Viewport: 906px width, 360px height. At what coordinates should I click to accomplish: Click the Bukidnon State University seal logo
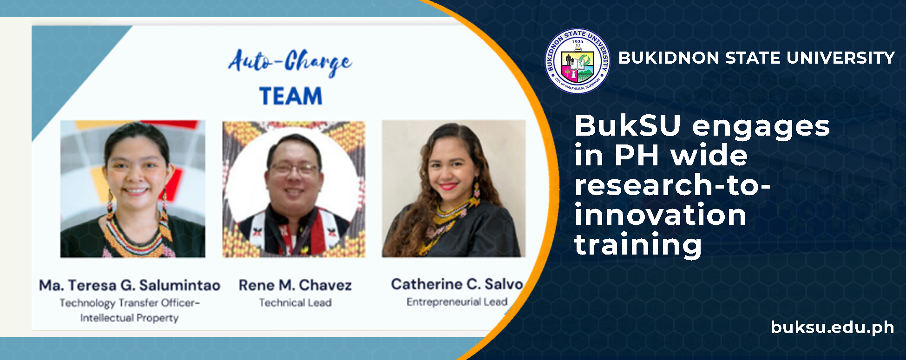click(578, 61)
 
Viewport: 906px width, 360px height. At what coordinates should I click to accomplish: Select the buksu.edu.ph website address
click(832, 327)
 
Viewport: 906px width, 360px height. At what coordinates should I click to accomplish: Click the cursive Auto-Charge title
click(290, 63)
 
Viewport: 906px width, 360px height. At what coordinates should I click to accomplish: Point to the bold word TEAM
click(291, 96)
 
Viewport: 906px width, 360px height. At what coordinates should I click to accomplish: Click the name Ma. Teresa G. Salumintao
click(130, 285)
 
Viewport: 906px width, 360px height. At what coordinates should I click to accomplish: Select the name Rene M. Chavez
click(295, 285)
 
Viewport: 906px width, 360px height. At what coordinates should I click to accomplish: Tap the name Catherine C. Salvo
click(457, 284)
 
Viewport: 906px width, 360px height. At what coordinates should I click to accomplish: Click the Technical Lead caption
click(295, 303)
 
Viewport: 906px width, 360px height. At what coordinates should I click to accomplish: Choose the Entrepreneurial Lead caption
click(457, 302)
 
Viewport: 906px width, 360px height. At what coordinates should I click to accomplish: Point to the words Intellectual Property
click(130, 318)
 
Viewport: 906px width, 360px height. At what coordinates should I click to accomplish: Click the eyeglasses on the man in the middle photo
click(294, 168)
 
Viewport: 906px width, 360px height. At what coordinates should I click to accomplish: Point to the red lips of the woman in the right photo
click(449, 186)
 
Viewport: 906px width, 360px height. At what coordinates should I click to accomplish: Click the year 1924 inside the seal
click(578, 41)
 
